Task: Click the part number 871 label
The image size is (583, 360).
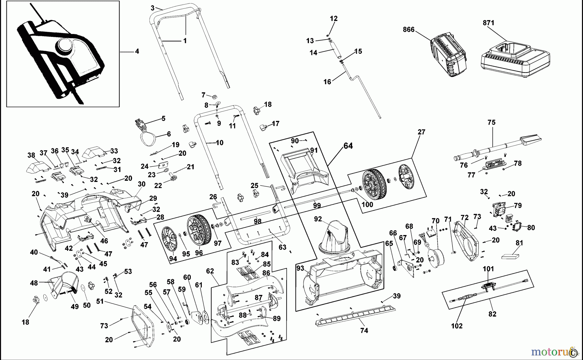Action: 488,23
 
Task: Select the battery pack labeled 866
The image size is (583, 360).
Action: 449,54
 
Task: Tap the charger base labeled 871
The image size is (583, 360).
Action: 515,60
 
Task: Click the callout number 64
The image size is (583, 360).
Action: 348,146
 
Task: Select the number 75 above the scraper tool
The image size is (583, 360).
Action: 491,122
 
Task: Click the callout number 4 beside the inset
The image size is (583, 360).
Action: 137,51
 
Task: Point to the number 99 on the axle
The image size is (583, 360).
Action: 317,206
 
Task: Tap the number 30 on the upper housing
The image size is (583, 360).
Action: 142,184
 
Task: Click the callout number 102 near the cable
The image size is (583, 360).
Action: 457,326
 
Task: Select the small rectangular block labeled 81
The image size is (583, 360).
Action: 510,256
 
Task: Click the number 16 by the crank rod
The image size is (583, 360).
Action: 327,82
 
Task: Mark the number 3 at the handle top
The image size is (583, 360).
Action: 153,7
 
